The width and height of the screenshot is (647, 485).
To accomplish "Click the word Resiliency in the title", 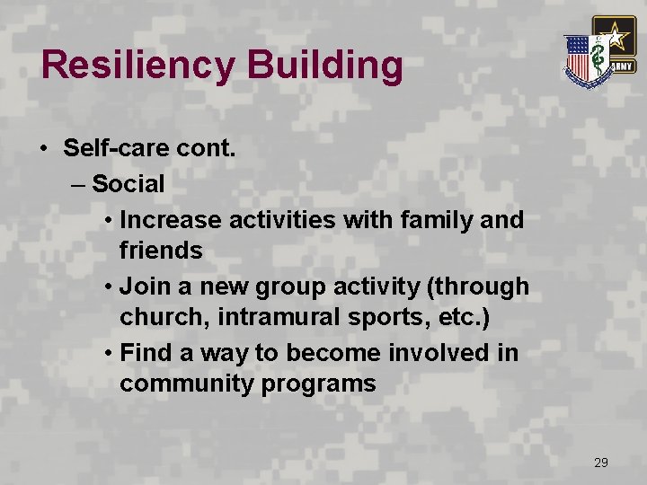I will click(x=135, y=66).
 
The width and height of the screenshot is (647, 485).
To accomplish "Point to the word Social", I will click(x=128, y=184).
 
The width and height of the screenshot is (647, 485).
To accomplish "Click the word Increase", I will click(x=171, y=219).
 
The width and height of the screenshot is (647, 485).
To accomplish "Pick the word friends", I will click(x=161, y=251).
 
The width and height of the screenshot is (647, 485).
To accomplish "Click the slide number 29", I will click(x=601, y=463).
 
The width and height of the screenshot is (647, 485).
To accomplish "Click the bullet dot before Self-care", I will click(x=44, y=149).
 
